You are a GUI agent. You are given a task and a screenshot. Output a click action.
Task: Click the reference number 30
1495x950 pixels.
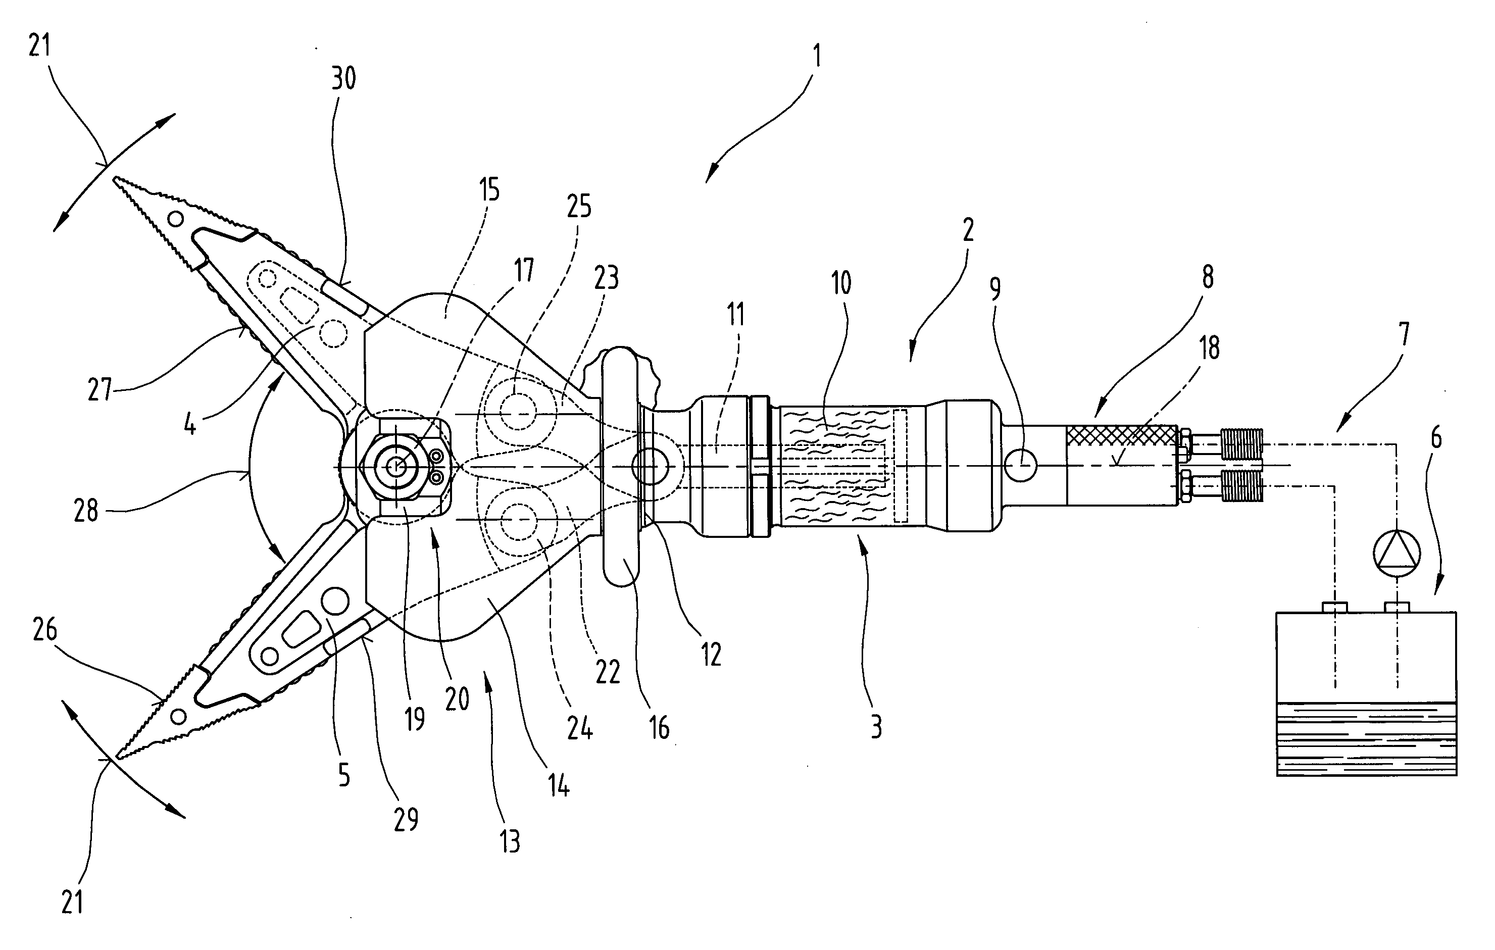(343, 79)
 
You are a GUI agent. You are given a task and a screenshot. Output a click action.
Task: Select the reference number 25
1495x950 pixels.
(579, 206)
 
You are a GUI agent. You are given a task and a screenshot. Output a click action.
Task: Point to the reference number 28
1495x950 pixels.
(86, 511)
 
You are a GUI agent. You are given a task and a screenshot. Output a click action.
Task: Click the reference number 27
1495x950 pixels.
(100, 389)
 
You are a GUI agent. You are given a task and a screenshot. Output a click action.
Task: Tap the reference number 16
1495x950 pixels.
(659, 727)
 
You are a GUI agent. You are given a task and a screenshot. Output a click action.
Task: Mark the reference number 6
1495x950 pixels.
(1435, 438)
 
